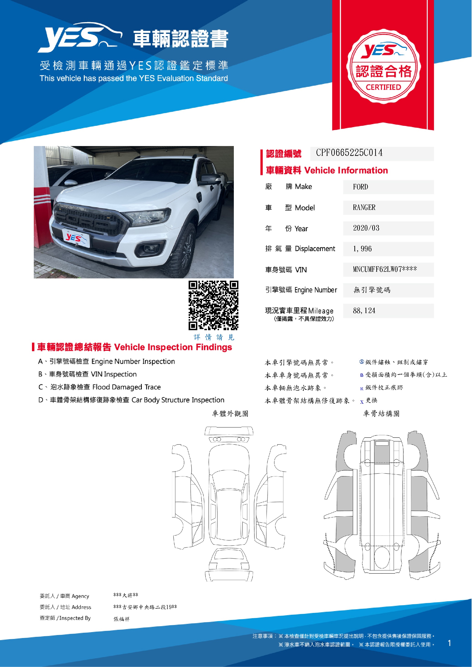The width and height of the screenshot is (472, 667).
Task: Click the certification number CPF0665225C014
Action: (x=349, y=153)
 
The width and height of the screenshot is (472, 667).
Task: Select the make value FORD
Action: (x=360, y=187)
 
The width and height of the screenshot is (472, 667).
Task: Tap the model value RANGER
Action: (x=364, y=207)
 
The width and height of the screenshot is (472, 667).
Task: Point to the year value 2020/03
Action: (x=366, y=228)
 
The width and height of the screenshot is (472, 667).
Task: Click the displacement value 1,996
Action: (x=362, y=249)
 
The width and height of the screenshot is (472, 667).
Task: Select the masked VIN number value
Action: (x=385, y=269)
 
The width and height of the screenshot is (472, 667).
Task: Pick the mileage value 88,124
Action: (x=364, y=311)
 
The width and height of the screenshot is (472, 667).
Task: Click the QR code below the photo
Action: (x=213, y=305)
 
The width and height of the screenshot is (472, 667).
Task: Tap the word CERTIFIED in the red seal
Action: (x=383, y=87)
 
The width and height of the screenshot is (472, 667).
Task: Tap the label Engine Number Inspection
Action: (x=133, y=361)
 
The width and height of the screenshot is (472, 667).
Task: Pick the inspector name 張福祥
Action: (x=121, y=619)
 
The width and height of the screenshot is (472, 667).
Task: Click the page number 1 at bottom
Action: (x=449, y=643)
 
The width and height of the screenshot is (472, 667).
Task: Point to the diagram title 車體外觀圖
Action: (x=230, y=413)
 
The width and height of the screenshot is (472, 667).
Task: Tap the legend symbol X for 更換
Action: (x=362, y=402)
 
